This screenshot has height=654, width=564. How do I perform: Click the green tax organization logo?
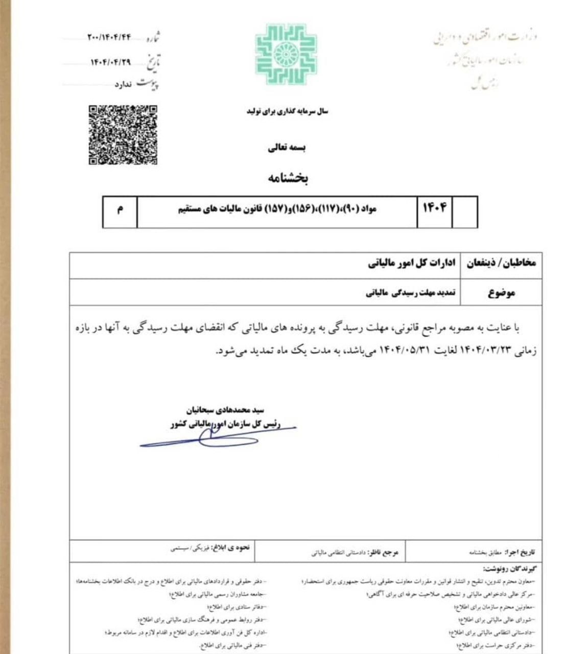tap(286, 54)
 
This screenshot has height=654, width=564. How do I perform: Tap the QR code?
tap(123, 135)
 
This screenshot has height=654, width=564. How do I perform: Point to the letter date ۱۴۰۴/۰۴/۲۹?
tap(111, 62)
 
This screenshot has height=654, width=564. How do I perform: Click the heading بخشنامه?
tap(288, 178)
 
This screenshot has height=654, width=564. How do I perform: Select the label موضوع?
tap(501, 293)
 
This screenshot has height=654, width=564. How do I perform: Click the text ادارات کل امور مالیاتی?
tap(411, 264)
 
